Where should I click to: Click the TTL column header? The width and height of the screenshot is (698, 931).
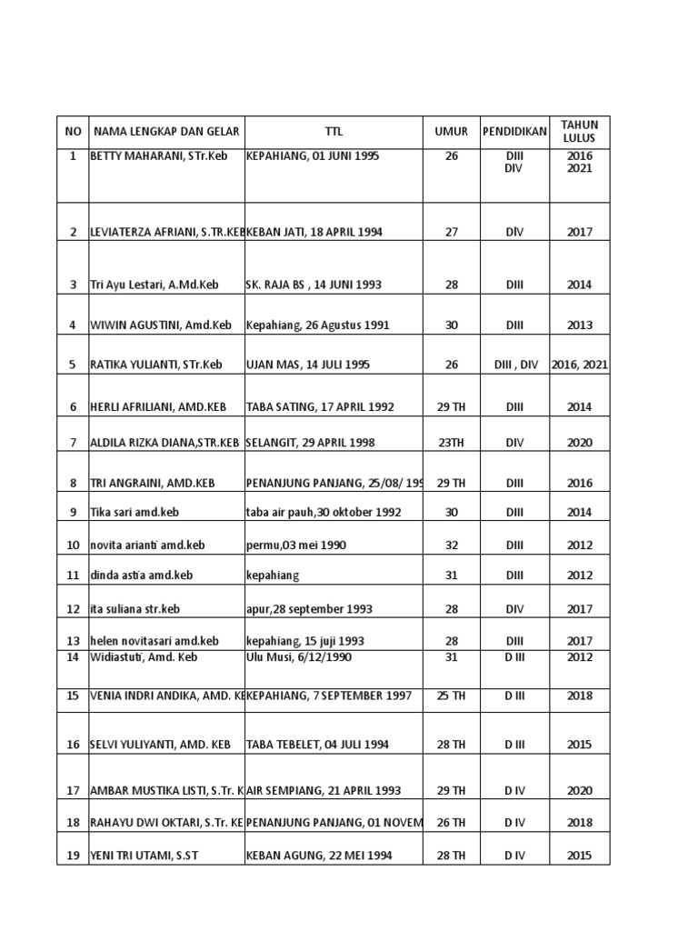tap(334, 131)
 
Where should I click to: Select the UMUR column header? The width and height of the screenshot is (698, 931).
tap(452, 131)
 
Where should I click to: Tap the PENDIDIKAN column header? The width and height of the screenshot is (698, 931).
tap(514, 131)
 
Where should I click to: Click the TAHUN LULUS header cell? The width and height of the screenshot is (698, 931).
tap(580, 131)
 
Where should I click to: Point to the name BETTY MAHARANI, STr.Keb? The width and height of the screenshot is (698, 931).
tap(158, 156)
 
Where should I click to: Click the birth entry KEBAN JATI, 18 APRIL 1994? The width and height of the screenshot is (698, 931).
tap(314, 232)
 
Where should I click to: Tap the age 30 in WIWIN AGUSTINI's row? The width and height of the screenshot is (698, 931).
tap(452, 325)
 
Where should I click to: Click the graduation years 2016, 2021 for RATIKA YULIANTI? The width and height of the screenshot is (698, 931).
tap(580, 365)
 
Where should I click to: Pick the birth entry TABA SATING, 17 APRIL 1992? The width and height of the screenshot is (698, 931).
tap(320, 407)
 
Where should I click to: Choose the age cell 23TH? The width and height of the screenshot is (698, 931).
tap(452, 443)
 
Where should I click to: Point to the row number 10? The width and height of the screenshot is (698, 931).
tap(73, 546)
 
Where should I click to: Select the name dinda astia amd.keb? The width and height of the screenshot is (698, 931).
tap(141, 576)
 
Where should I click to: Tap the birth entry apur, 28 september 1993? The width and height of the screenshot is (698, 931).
tap(309, 609)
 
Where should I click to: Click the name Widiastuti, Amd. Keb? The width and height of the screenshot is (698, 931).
tap(144, 657)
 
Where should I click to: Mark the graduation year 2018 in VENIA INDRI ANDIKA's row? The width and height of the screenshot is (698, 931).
tap(580, 696)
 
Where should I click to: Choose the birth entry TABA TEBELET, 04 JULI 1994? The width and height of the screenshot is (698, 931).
tap(317, 745)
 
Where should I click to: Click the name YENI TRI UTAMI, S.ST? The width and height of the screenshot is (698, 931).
tap(146, 855)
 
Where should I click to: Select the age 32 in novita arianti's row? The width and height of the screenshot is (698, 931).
tap(452, 546)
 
